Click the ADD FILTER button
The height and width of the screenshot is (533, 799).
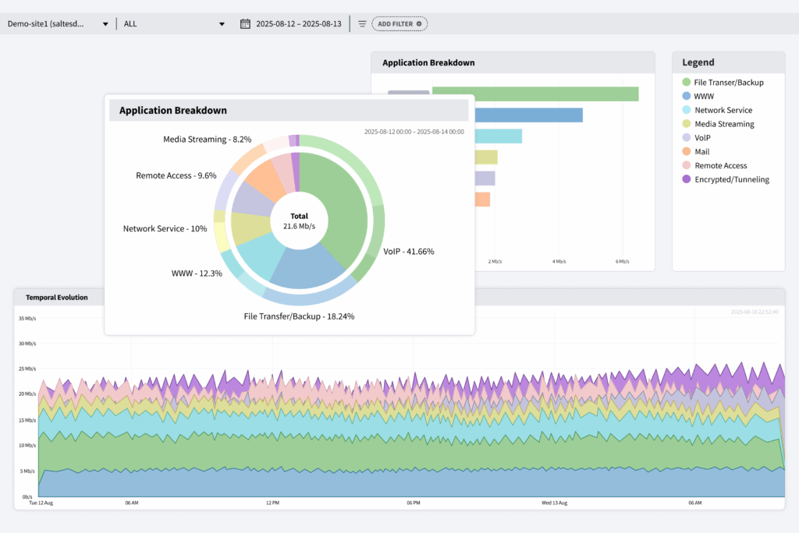(399, 24)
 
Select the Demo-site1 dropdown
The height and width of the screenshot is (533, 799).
(58, 23)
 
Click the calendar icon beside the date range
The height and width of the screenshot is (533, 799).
(245, 23)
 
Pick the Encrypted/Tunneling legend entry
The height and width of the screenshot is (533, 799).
(731, 179)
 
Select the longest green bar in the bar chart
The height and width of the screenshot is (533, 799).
(535, 94)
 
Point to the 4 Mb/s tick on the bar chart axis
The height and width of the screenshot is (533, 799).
(558, 262)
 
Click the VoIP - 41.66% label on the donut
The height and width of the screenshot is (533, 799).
(408, 252)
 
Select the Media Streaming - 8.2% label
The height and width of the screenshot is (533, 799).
(207, 139)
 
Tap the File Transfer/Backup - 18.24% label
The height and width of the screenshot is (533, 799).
(299, 316)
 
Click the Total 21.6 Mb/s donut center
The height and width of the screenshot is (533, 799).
(299, 221)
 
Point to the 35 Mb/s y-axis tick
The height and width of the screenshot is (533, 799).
(27, 318)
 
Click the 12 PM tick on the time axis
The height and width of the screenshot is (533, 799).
(272, 503)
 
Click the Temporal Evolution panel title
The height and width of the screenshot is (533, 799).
(56, 297)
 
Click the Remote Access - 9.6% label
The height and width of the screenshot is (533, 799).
(176, 176)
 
